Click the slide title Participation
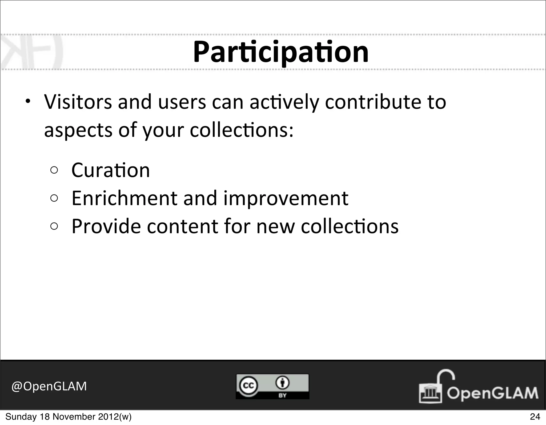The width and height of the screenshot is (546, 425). [x=281, y=52]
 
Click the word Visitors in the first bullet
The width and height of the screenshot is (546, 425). [x=78, y=102]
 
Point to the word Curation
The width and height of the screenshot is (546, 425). [x=111, y=170]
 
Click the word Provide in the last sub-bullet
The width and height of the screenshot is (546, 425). [x=106, y=226]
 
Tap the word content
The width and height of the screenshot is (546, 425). [x=182, y=226]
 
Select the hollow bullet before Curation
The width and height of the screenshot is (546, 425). [x=54, y=170]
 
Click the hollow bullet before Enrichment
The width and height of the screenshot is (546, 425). [x=54, y=198]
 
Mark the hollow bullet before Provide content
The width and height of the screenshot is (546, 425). [x=54, y=227]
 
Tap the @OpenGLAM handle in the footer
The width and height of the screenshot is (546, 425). [x=49, y=386]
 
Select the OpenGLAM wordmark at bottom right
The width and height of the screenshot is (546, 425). [x=492, y=393]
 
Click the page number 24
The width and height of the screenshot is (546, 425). [x=535, y=417]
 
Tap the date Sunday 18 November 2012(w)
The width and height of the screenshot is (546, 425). [x=69, y=417]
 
